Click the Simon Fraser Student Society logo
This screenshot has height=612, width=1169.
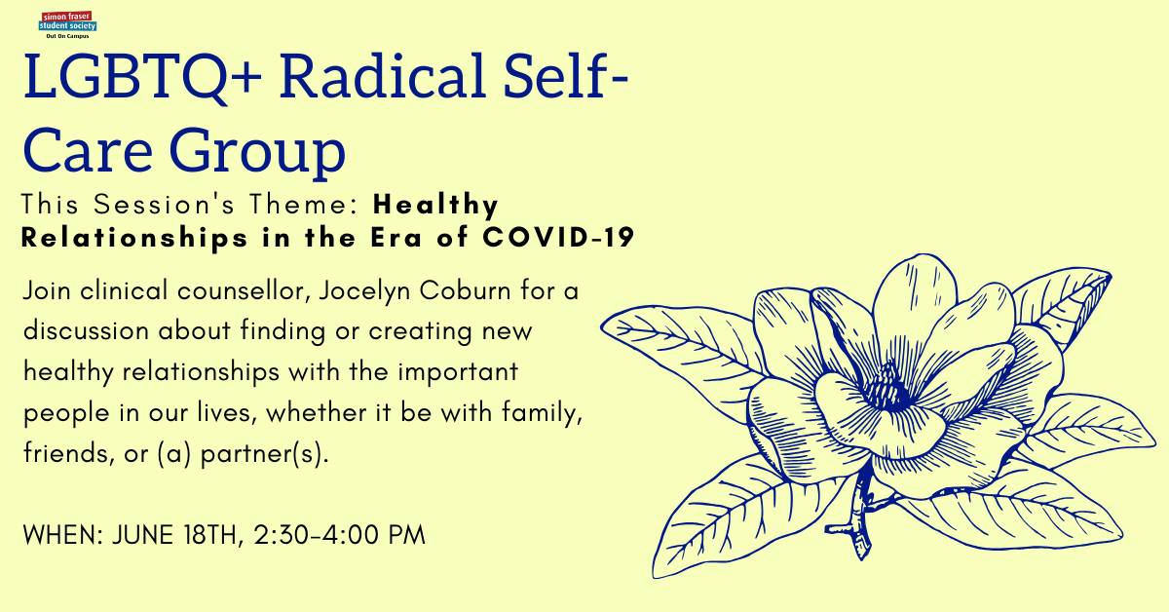pyautogui.click(x=67, y=24)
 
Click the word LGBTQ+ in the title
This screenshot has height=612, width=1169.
pyautogui.click(x=142, y=77)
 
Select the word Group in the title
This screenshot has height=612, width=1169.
pyautogui.click(x=257, y=151)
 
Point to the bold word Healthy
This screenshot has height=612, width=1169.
pyautogui.click(x=435, y=205)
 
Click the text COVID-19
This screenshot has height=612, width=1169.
pyautogui.click(x=558, y=237)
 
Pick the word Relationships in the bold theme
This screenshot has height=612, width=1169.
pyautogui.click(x=134, y=238)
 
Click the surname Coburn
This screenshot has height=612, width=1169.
pyautogui.click(x=465, y=290)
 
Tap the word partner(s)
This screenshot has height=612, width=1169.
pyautogui.click(x=265, y=453)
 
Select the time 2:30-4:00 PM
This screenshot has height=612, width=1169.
pyautogui.click(x=340, y=535)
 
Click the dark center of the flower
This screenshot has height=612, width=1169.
pyautogui.click(x=888, y=389)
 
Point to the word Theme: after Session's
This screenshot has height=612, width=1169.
pyautogui.click(x=304, y=204)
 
